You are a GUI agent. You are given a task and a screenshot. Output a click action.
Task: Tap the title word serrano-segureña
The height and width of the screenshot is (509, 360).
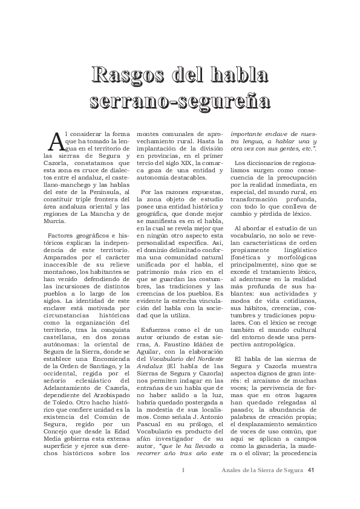(x=180, y=100)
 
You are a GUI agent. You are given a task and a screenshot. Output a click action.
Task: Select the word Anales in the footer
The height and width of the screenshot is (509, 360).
(x=234, y=472)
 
